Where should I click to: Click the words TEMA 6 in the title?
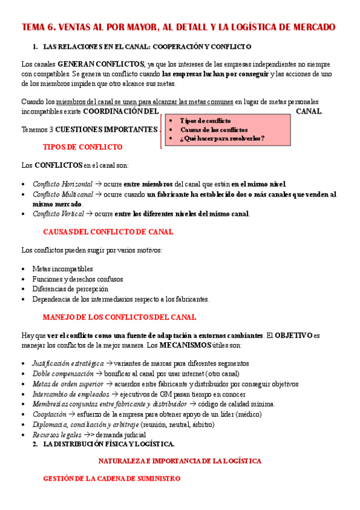[x=39, y=27]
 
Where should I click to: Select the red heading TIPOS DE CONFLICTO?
[x=83, y=147]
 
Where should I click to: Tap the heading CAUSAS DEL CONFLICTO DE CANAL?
[x=108, y=232]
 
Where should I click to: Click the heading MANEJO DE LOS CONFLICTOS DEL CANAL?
[x=119, y=317]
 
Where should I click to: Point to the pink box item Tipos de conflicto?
[x=205, y=120]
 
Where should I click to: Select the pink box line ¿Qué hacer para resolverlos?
[x=222, y=138]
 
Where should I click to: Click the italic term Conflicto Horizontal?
[x=63, y=184]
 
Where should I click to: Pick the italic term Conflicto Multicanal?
[x=63, y=194]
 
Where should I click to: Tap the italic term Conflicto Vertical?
[x=58, y=214]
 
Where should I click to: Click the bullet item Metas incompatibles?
[x=63, y=269]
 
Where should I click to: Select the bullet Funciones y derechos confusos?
[x=78, y=279]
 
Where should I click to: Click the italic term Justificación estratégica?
[x=67, y=364]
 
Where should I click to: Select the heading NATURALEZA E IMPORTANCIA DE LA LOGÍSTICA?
[x=180, y=461]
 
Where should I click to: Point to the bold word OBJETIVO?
[x=294, y=335]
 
